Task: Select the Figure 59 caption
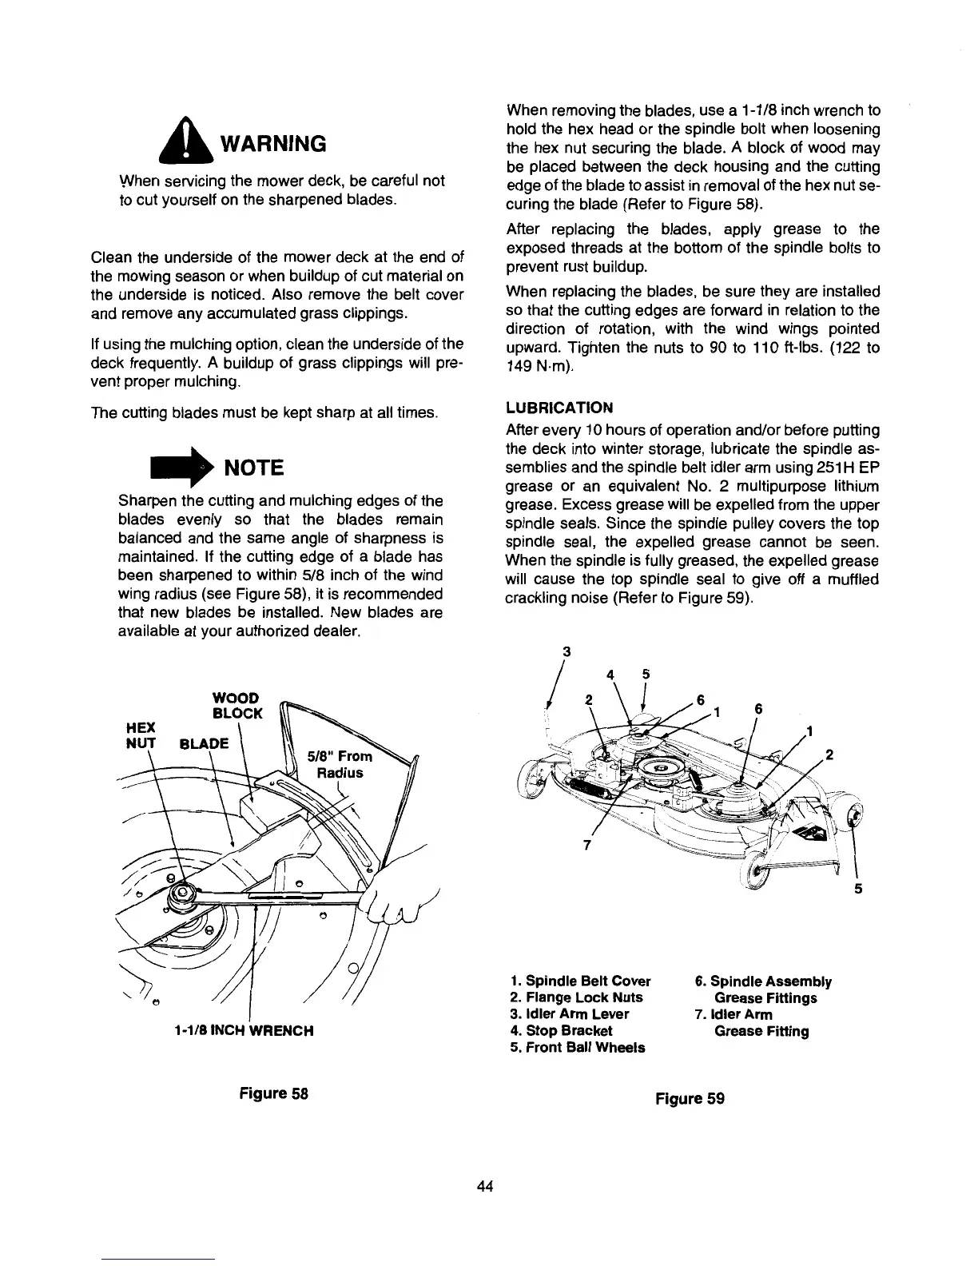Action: (690, 1097)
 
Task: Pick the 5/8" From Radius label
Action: (339, 765)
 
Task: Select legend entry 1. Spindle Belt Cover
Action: (579, 981)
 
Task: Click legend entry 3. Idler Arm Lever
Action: (569, 1013)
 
